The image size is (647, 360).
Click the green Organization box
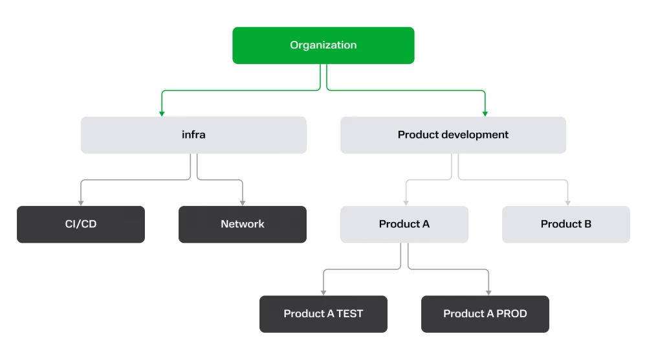point(323,45)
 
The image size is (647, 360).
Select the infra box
point(193,135)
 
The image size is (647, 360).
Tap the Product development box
point(453,135)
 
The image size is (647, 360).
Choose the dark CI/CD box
point(81,224)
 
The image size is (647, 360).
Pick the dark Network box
point(243,224)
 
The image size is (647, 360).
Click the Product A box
point(404,224)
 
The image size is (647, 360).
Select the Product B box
point(566,224)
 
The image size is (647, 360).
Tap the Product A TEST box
point(323,314)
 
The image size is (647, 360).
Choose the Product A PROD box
point(485,314)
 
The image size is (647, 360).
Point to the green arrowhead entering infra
point(162,113)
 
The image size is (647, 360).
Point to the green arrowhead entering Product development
point(485,113)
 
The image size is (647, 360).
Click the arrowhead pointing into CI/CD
point(81,203)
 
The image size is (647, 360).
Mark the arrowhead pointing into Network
point(243,203)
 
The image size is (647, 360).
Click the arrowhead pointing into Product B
point(568,203)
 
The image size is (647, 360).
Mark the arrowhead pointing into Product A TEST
point(323,293)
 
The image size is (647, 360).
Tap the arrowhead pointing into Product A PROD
point(488,293)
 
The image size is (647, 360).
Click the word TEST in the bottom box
point(350,314)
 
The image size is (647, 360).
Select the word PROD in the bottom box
point(512,314)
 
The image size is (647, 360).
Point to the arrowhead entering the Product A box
point(406,203)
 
